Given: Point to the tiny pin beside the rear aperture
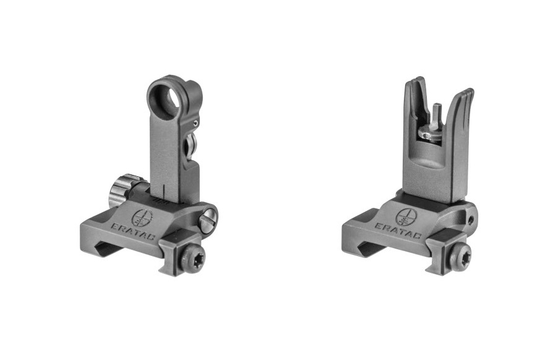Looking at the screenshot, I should click(195, 124).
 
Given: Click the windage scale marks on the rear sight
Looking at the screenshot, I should click(163, 200).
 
